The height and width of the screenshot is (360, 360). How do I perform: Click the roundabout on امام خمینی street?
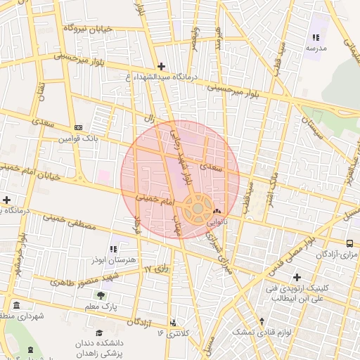click(x=198, y=208)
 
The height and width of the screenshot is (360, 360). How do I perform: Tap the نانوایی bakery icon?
click(x=216, y=211)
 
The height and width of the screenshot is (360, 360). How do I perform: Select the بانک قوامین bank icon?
click(x=78, y=127)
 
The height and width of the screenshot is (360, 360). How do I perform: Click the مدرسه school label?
click(x=316, y=48)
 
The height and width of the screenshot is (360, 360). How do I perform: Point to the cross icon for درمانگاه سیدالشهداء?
click(x=162, y=66)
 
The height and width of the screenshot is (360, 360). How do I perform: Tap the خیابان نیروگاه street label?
click(x=89, y=28)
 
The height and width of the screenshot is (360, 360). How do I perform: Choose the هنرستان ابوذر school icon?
click(x=113, y=248)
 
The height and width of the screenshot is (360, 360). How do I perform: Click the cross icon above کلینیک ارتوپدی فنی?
click(x=297, y=277)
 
